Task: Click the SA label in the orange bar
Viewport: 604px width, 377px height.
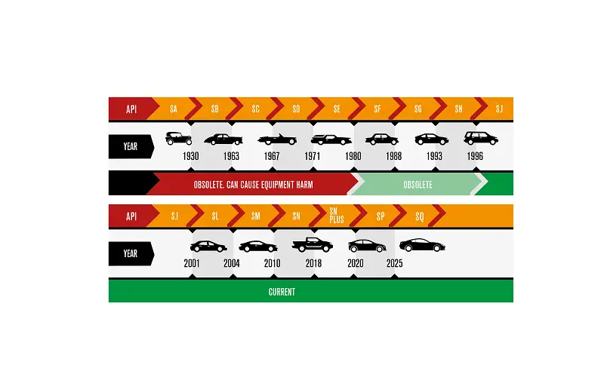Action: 174,109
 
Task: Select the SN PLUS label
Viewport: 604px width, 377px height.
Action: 336,216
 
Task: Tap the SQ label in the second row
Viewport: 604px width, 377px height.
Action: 420,216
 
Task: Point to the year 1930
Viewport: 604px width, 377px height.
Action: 191,156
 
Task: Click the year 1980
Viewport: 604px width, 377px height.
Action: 353,156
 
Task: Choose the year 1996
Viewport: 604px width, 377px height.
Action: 475,156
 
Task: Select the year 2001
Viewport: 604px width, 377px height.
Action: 192,263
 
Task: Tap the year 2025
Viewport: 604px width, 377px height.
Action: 394,263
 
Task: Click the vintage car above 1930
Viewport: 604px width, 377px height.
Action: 178,139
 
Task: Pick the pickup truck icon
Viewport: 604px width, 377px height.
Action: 313,244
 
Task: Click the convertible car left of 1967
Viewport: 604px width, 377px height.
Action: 277,139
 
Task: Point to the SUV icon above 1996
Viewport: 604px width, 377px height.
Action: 481,138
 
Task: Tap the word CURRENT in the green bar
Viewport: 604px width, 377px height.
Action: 282,292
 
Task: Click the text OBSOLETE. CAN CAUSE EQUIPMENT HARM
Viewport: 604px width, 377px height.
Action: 253,185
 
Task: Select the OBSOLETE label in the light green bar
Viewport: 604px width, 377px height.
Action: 418,185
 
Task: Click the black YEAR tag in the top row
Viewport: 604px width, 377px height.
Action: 131,146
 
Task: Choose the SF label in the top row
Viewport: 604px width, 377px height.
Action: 377,109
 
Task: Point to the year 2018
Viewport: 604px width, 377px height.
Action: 313,263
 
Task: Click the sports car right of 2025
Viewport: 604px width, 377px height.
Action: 422,245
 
